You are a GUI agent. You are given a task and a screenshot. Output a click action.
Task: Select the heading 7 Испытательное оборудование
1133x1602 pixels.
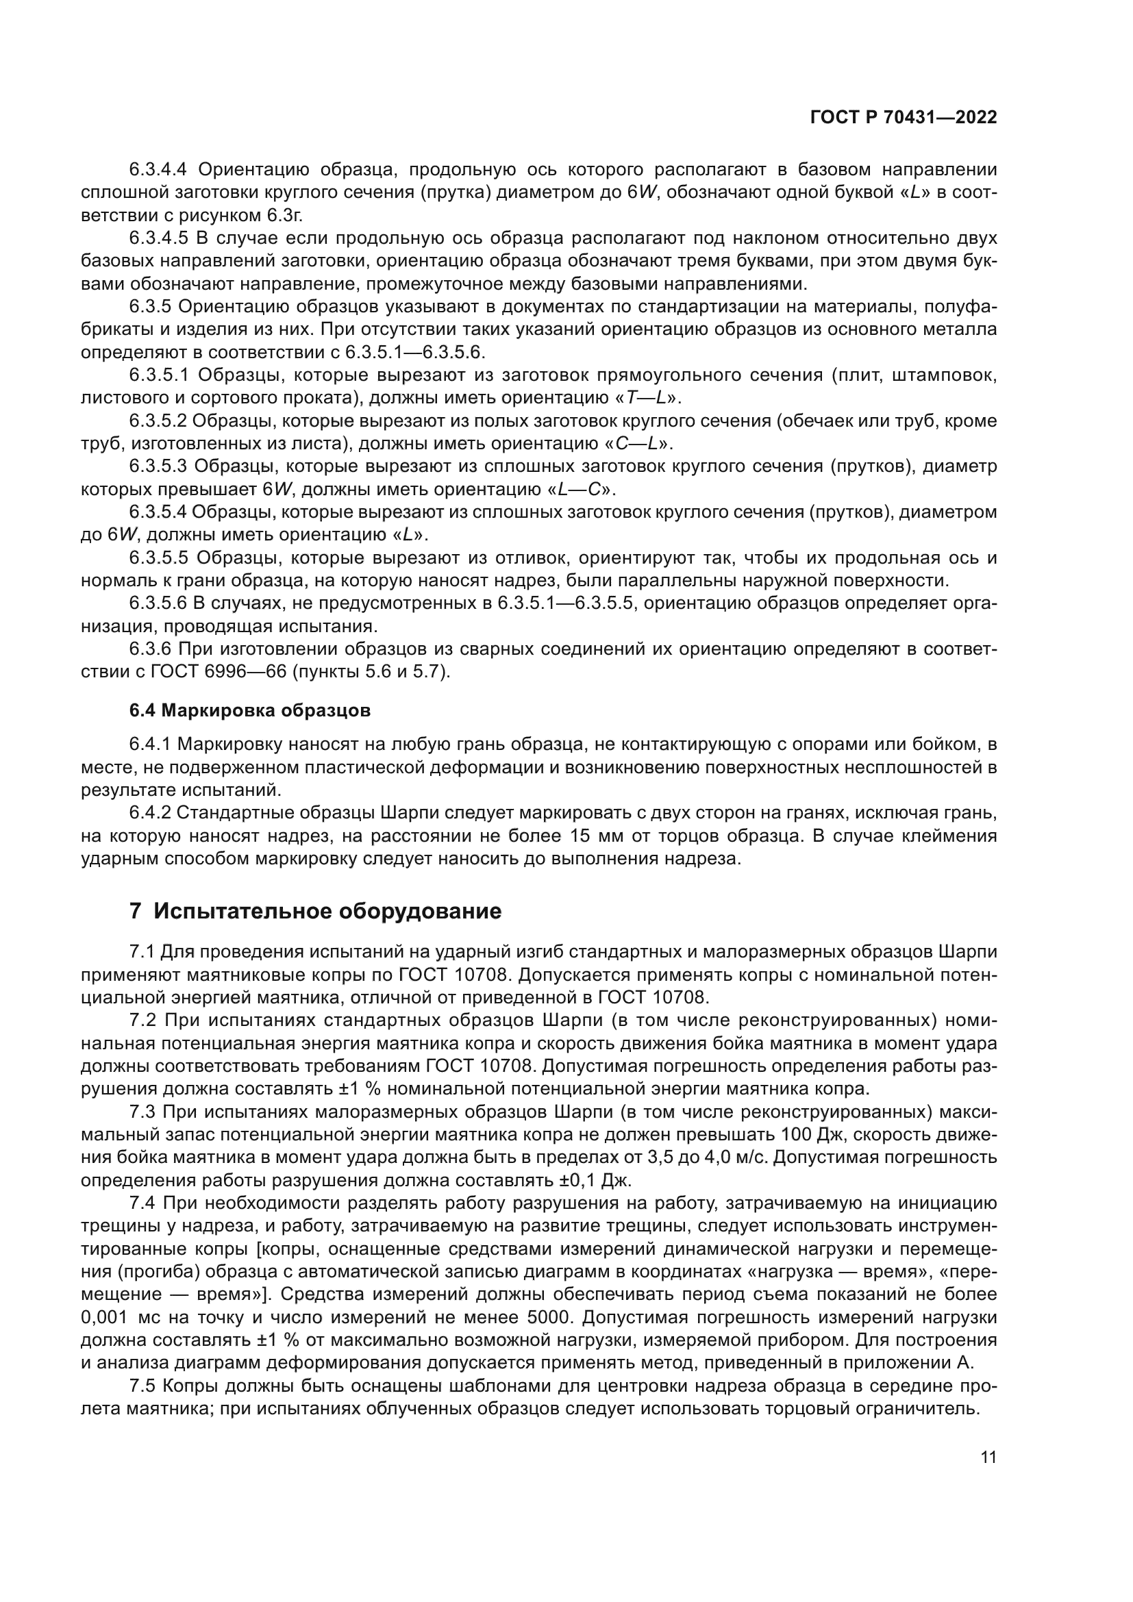pos(315,911)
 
